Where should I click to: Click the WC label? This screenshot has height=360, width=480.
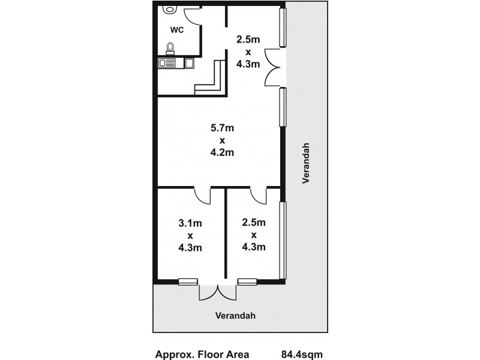pos(176,29)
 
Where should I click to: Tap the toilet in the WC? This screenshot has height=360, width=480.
pos(170,47)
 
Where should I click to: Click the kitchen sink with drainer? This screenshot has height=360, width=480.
pos(167,62)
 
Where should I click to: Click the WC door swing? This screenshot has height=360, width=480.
pos(192,15)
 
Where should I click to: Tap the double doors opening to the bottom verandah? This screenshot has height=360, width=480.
pos(218,292)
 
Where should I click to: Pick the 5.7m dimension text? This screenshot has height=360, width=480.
pos(221,127)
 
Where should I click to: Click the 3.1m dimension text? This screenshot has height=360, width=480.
pos(190,223)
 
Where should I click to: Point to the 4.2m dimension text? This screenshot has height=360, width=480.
pos(221,152)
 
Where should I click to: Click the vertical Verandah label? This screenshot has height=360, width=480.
pos(307,164)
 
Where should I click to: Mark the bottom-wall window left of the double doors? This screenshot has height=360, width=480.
pos(188,281)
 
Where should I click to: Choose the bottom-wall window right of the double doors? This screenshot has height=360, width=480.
pos(247,281)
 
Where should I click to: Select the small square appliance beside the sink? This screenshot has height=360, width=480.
pos(189,62)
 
